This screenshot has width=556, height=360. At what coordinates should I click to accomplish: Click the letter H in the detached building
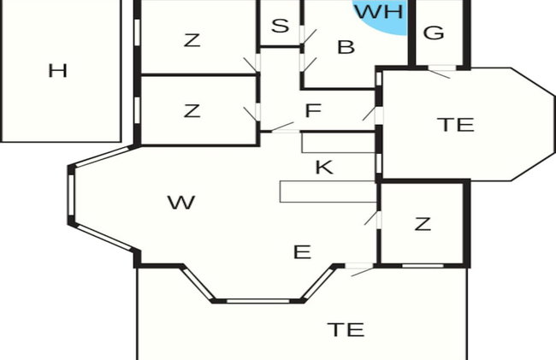pos(58,70)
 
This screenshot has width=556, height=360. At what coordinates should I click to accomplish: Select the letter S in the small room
pos(280,26)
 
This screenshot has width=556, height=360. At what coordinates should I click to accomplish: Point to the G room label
pos(434,32)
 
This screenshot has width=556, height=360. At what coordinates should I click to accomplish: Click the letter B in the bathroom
pos(346,47)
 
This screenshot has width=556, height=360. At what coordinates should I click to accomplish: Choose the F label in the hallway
pos(313,110)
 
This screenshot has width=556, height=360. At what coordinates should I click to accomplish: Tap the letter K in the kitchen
pos(324,168)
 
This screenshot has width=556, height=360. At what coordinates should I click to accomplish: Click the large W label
pos(181,203)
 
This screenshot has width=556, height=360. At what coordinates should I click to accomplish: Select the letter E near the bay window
pos(303,252)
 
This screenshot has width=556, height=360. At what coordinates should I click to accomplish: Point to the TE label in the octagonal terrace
pos(456,125)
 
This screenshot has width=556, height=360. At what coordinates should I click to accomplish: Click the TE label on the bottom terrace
pos(346,329)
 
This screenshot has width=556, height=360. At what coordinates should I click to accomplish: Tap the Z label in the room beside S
pos(192,40)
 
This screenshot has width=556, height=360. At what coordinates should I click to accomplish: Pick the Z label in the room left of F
pos(192,110)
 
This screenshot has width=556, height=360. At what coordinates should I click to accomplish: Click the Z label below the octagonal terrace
pos(423,224)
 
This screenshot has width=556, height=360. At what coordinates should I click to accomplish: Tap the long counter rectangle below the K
pos(328,192)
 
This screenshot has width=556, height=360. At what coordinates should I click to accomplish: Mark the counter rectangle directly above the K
pos(339,143)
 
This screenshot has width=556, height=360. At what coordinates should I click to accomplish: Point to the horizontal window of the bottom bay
pos(258,301)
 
